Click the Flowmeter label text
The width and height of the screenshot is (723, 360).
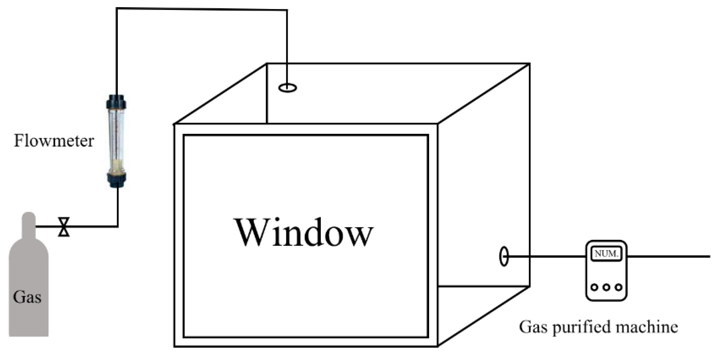[x=53, y=141]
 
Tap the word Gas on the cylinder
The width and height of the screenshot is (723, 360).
[x=27, y=297]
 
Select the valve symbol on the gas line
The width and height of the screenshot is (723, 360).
[x=64, y=227]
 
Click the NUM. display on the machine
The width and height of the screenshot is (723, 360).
[x=606, y=254]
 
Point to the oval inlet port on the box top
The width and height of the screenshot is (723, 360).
[x=287, y=88]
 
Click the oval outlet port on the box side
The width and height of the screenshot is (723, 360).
[x=504, y=256]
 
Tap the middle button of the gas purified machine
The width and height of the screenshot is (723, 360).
[x=606, y=287]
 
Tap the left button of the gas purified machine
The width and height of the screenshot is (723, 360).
[x=594, y=287]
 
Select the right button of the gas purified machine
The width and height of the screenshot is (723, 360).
[x=619, y=287]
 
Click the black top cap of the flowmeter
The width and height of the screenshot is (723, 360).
[x=116, y=102]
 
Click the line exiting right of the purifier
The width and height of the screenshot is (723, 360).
[x=669, y=256]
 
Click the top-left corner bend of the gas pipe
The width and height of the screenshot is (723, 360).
[x=117, y=9]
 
